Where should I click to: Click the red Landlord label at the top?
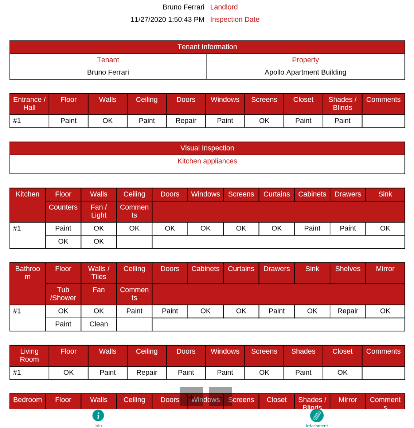(x=224, y=7)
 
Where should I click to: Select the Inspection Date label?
(x=235, y=19)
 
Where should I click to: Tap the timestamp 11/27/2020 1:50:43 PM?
(x=167, y=19)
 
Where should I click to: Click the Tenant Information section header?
(x=207, y=47)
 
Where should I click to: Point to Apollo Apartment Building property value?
(x=305, y=72)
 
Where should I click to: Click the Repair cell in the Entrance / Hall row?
(x=186, y=121)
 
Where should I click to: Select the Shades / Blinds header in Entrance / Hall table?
(x=342, y=104)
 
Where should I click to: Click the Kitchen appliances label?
(x=207, y=161)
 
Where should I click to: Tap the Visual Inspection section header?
(x=207, y=148)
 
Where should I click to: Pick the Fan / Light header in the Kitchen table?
(x=99, y=211)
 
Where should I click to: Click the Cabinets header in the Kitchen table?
(x=312, y=194)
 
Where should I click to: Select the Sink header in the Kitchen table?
(x=385, y=194)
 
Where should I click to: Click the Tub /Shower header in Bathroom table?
(x=63, y=294)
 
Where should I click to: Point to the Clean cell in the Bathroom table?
(x=99, y=324)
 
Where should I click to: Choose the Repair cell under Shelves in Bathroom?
(x=348, y=311)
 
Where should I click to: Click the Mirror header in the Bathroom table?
(x=385, y=269)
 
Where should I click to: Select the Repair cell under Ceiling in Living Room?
(x=147, y=372)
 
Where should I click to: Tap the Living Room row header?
(x=29, y=355)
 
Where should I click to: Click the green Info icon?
(x=98, y=415)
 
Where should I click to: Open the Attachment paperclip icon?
(x=317, y=415)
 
